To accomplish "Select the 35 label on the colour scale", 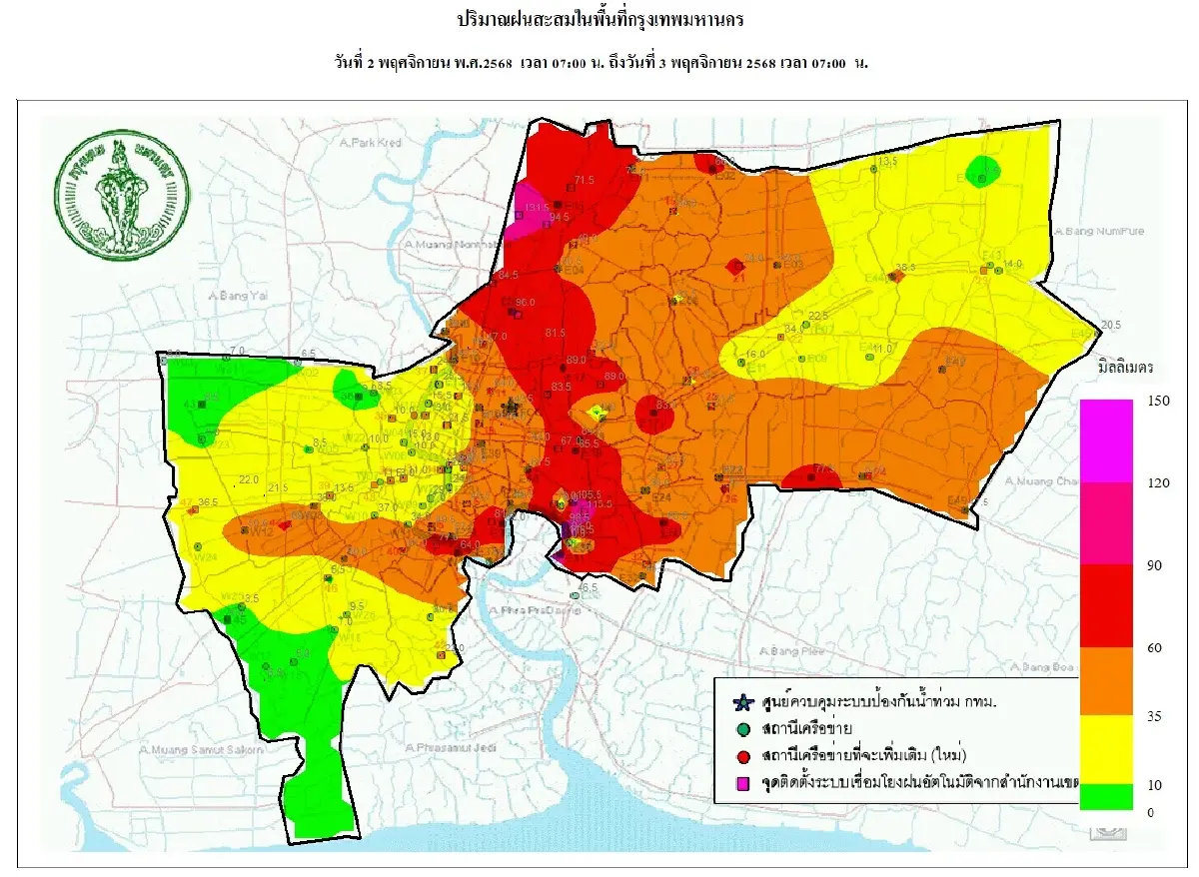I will pyautogui.click(x=1151, y=715).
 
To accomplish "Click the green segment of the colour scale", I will pyautogui.click(x=1106, y=795).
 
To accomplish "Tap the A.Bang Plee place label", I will pyautogui.click(x=788, y=651).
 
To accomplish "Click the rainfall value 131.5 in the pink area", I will pyautogui.click(x=536, y=208).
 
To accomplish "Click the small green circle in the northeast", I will pyautogui.click(x=984, y=170).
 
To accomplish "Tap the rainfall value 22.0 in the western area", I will pyautogui.click(x=249, y=478).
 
